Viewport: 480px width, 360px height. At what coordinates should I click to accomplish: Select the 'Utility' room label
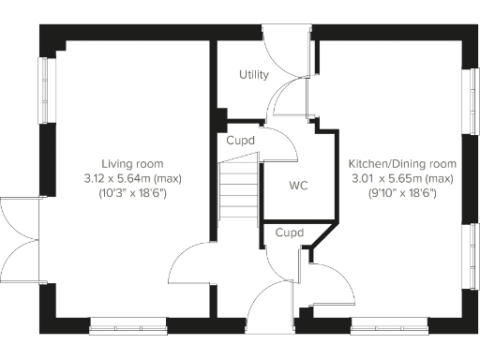[253, 75]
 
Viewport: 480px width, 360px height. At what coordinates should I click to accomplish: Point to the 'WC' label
[299, 186]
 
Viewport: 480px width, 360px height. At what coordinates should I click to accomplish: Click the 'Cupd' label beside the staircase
[240, 141]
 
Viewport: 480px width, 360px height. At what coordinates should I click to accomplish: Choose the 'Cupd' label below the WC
[289, 232]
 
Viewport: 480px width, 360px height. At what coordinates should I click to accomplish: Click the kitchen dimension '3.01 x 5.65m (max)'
[402, 178]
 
